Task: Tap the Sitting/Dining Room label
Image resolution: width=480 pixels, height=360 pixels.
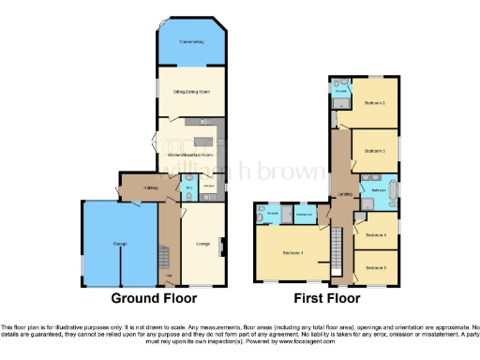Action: [x=191, y=92]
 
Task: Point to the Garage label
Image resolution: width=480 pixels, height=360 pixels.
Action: [x=120, y=244]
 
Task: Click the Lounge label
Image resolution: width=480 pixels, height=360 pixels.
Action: [x=202, y=245]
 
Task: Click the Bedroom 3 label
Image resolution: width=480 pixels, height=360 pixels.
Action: [x=376, y=150]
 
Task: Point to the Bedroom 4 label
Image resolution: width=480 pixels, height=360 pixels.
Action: [x=376, y=234]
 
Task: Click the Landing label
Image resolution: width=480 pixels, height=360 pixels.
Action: [x=343, y=195]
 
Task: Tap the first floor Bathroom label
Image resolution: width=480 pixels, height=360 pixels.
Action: [x=379, y=190]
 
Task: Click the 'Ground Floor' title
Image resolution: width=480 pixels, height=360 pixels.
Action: [x=155, y=299]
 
